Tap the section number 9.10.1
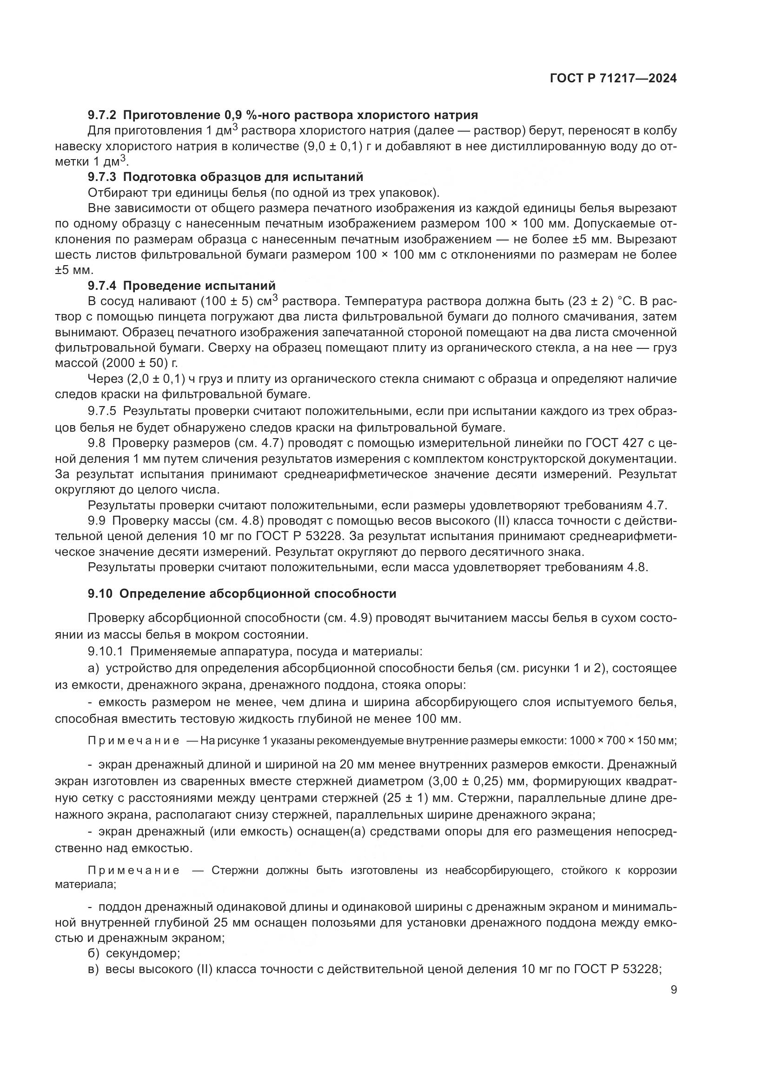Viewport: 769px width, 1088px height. pyautogui.click(x=105, y=652)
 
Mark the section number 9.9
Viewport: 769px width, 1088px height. pyautogui.click(x=96, y=521)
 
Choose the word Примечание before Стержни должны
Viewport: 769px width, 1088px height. pyautogui.click(x=133, y=870)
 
